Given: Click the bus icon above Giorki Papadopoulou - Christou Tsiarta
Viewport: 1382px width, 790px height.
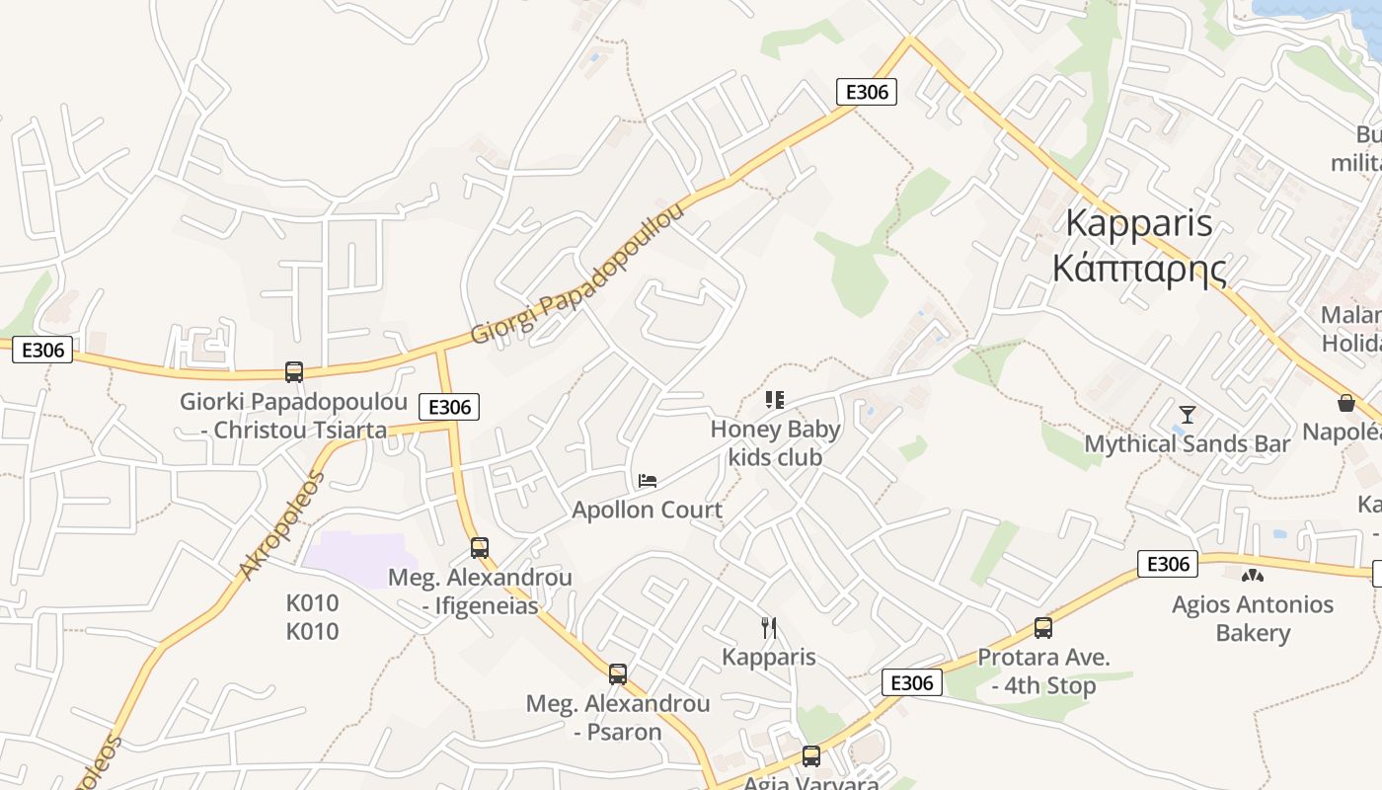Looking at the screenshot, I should click(x=294, y=372).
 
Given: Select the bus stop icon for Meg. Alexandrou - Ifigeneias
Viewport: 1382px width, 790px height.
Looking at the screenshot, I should click(x=480, y=547).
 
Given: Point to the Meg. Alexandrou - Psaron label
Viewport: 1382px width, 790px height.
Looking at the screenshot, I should click(x=618, y=718).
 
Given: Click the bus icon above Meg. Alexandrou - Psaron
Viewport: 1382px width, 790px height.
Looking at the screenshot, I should click(x=618, y=674).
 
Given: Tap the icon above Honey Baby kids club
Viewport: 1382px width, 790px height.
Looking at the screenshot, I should click(x=775, y=400).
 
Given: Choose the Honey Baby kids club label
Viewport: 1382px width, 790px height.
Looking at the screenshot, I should click(x=775, y=443).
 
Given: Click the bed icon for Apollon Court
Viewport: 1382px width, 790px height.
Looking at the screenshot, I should click(x=648, y=481).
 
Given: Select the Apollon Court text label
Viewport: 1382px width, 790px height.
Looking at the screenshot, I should click(x=648, y=511).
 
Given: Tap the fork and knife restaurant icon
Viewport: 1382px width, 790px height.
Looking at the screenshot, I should click(x=769, y=627).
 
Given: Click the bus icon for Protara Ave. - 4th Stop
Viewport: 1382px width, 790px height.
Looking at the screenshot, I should click(x=1043, y=627).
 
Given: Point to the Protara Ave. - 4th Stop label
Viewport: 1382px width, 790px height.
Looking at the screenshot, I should click(x=1043, y=671).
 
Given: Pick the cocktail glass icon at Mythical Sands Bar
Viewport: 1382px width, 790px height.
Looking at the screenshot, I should click(x=1188, y=415).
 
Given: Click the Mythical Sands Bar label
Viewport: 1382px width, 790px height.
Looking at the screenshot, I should click(x=1188, y=444).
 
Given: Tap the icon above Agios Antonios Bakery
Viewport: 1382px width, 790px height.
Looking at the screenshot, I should click(x=1253, y=575).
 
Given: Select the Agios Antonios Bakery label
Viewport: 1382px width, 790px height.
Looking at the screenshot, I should click(x=1253, y=618).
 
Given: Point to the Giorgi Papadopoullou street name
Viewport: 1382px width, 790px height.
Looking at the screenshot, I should click(x=577, y=276).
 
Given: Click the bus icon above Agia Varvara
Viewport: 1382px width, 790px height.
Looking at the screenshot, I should click(x=811, y=756).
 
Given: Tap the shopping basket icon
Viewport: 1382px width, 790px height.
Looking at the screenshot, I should click(x=1345, y=403).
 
